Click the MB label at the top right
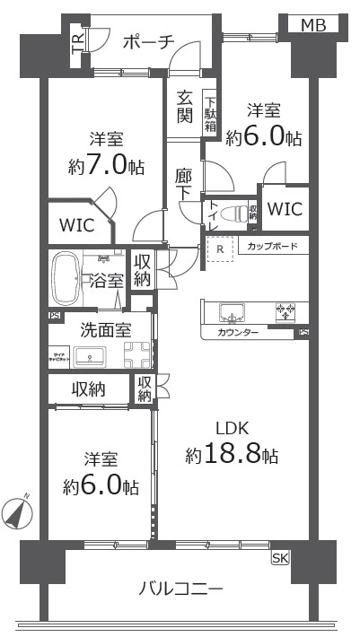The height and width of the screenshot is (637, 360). pyautogui.click(x=315, y=25)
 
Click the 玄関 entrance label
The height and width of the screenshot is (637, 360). pyautogui.click(x=184, y=107)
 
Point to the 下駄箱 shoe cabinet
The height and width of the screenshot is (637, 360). pyautogui.click(x=209, y=113)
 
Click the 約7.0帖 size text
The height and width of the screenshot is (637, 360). pyautogui.click(x=106, y=166)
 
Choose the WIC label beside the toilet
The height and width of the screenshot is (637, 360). pyautogui.click(x=285, y=210)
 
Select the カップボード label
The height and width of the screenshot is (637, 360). pyautogui.click(x=267, y=246)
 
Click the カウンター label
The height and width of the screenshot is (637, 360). pyautogui.click(x=238, y=333)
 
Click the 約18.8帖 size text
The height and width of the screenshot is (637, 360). pyautogui.click(x=232, y=454)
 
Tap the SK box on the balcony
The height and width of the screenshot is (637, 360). pyautogui.click(x=280, y=558)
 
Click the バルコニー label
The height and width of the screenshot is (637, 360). pyautogui.click(x=180, y=589)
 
